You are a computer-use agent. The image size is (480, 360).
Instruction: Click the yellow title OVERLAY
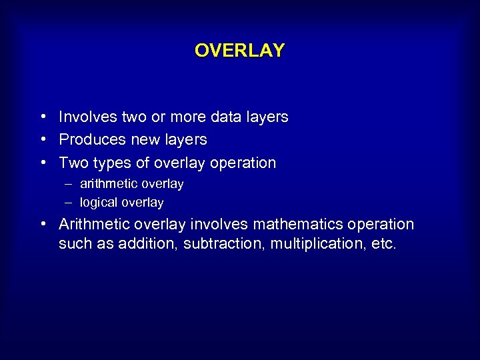(239, 50)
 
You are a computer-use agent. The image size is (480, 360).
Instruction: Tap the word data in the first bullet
(228, 117)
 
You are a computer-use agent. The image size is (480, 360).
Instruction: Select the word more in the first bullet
(189, 117)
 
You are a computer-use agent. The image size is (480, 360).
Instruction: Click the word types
(108, 163)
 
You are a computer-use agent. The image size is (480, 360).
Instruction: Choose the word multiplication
(317, 244)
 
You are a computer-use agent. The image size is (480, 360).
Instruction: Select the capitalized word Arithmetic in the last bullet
(91, 224)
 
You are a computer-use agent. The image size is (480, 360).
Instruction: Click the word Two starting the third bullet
(71, 163)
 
